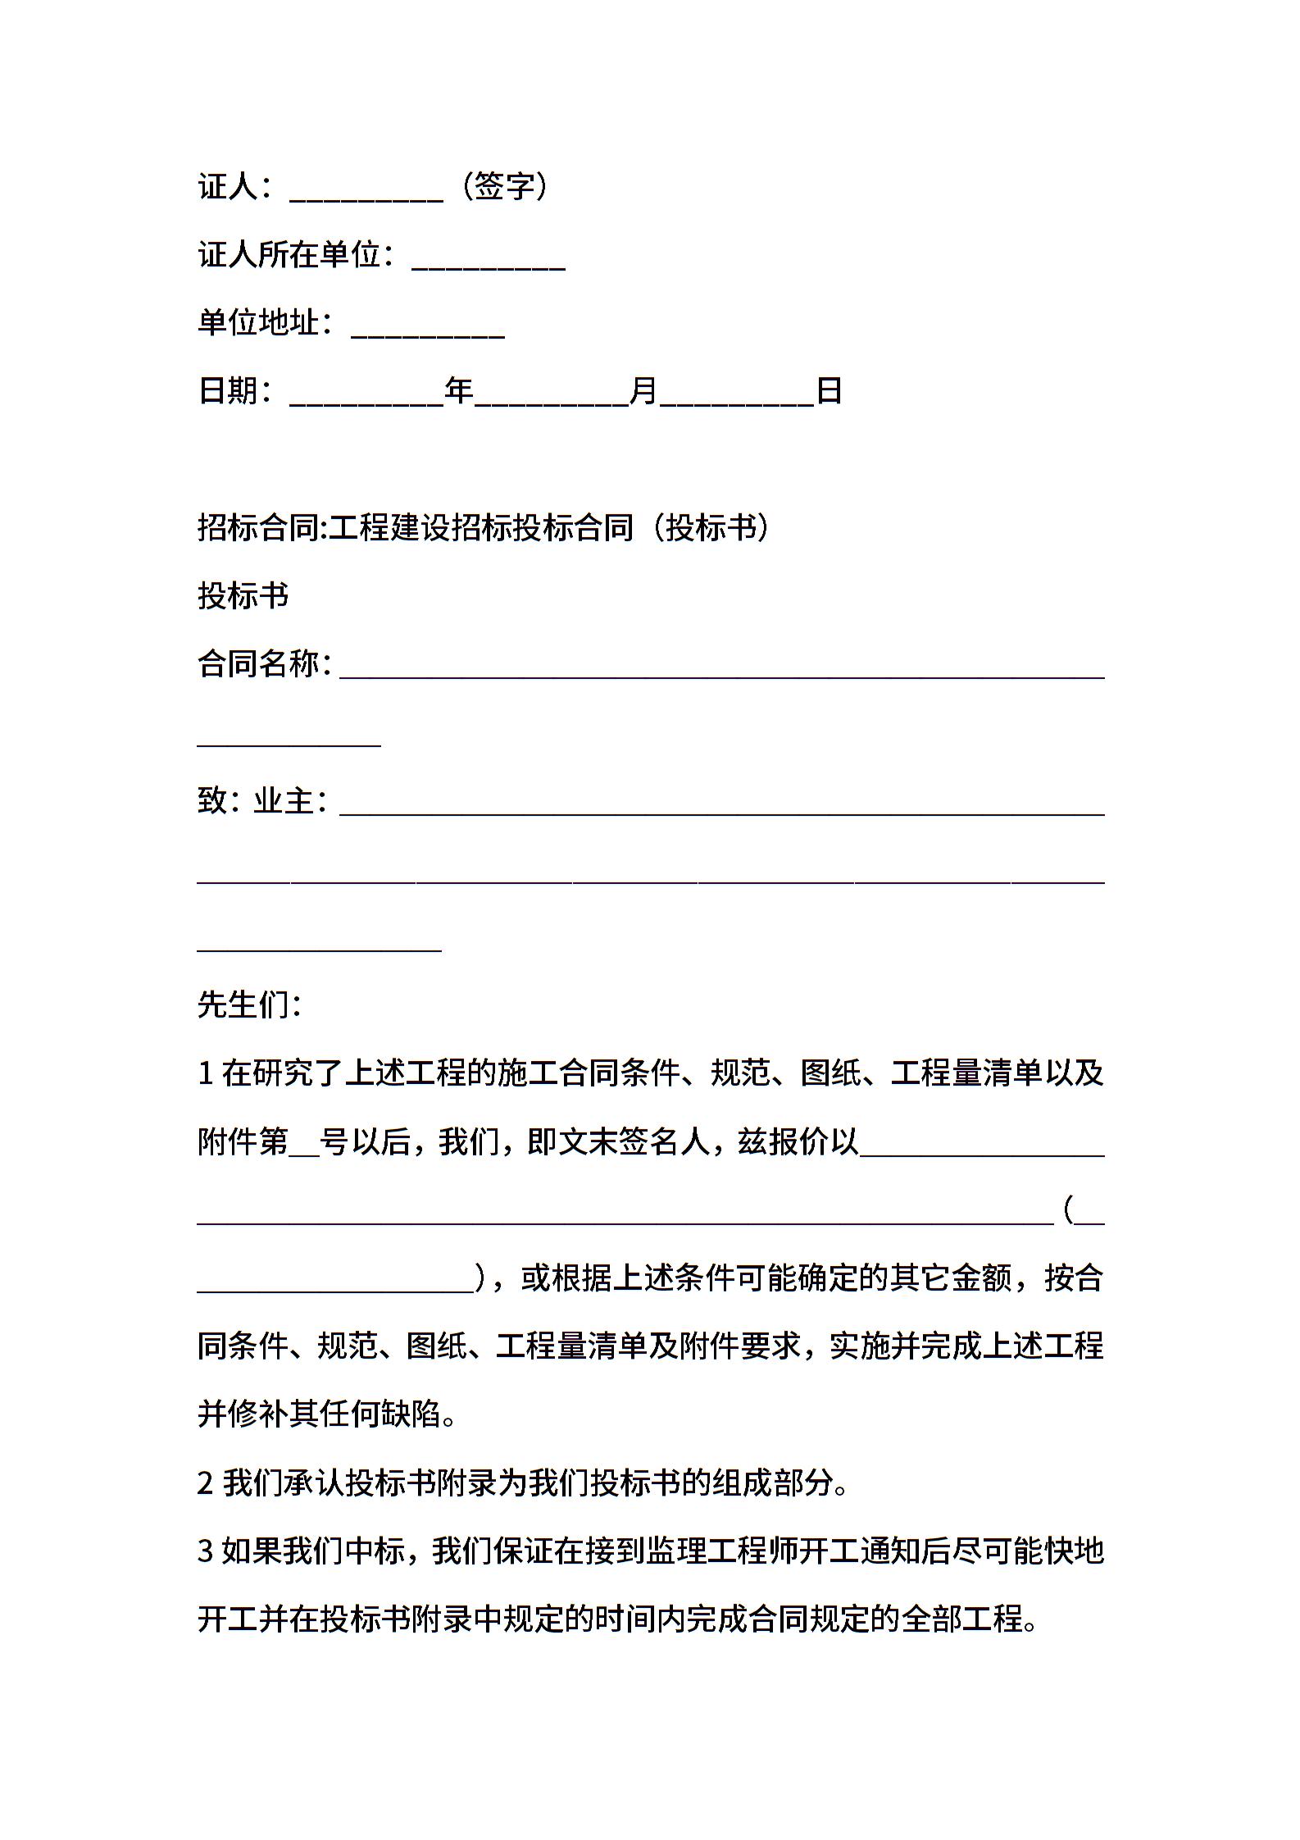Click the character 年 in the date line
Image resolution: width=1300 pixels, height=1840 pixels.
pyautogui.click(x=459, y=391)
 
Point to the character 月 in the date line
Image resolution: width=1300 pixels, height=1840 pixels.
pyautogui.click(x=643, y=391)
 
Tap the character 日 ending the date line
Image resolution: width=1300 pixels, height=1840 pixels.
pyautogui.click(x=830, y=391)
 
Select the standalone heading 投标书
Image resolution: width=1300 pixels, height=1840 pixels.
pyautogui.click(x=243, y=596)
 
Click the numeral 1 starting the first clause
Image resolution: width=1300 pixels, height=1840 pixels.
pyautogui.click(x=206, y=1074)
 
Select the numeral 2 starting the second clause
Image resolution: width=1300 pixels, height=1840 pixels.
pyautogui.click(x=206, y=1483)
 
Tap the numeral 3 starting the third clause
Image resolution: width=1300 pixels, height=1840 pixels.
pyautogui.click(x=206, y=1551)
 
